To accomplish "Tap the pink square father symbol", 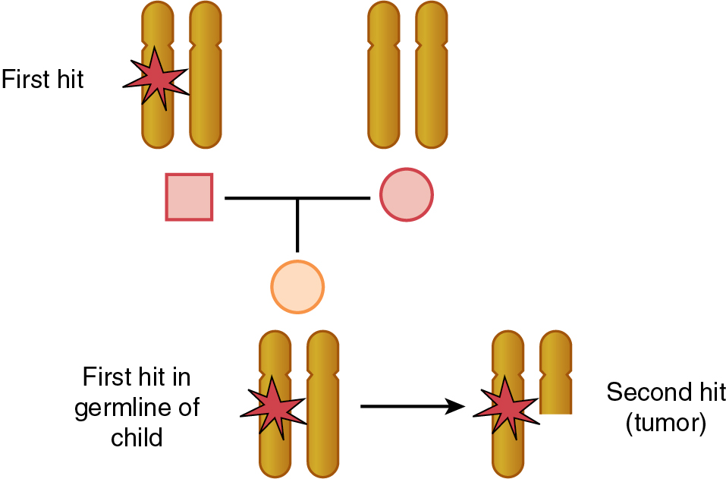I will point(189,197).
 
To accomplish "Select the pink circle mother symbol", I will point(406,194).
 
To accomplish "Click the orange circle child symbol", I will point(297,287).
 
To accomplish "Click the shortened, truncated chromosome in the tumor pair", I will point(555,372).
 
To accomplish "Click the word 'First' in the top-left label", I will point(25,79).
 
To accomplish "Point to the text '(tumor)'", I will point(665,424).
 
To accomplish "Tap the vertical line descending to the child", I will point(297,225).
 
